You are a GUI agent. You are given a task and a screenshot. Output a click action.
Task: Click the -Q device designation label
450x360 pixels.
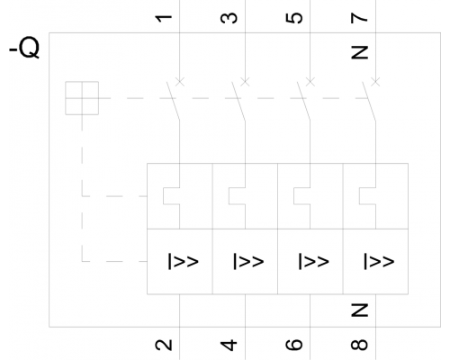coord(24,48)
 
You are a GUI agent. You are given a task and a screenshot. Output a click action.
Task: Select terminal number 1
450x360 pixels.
coord(164,18)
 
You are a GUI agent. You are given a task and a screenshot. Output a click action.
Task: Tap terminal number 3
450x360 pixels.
coord(229,18)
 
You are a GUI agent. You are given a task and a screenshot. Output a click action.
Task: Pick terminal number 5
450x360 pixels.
coord(293,18)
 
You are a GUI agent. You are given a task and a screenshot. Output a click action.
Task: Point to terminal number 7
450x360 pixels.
coord(359,18)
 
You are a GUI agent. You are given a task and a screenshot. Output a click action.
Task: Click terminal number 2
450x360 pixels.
coord(164,345)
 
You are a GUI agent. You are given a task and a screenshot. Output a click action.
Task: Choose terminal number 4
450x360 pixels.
coord(229,345)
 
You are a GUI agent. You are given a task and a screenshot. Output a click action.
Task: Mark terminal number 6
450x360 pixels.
coord(293,345)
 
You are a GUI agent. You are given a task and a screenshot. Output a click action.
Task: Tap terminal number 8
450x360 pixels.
coord(359,345)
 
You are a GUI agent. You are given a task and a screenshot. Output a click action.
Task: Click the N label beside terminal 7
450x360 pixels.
coord(359,52)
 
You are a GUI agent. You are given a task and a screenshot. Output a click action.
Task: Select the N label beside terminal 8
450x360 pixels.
coord(359,310)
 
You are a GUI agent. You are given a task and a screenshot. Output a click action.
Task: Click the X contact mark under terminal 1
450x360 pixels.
coord(180,81)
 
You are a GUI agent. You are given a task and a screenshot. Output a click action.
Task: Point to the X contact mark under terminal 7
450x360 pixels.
coord(375,81)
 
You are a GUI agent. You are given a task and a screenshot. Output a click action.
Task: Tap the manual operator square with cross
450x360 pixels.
coord(82,98)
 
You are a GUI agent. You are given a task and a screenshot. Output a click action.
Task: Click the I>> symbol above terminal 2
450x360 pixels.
coord(183,261)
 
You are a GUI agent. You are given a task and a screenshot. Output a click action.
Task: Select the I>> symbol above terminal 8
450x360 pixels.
coord(379,261)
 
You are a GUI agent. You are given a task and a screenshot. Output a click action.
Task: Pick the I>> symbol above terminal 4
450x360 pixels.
coord(248,261)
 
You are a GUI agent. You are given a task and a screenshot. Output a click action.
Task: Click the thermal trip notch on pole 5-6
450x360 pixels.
coord(302,196)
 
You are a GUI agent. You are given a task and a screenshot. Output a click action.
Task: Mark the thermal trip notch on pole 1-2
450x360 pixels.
coord(172,196)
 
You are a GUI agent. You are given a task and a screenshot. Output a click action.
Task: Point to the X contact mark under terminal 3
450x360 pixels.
coord(245,81)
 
